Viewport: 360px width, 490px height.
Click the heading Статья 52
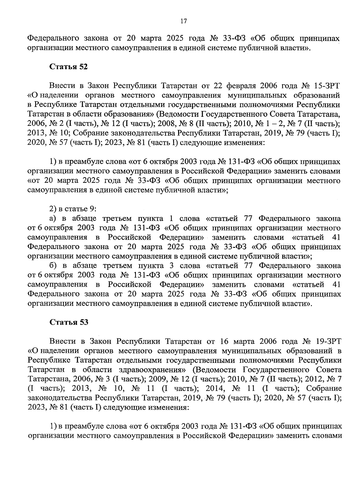pos(68,67)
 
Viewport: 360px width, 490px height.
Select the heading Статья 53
pos(68,322)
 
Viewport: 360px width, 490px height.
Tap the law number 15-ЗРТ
pos(328,86)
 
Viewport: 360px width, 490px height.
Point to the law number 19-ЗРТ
pos(328,341)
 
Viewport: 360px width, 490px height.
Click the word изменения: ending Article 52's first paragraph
pos(241,143)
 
